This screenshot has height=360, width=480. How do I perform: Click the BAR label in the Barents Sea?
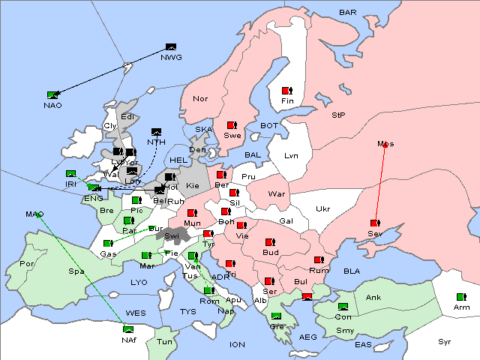click(347, 13)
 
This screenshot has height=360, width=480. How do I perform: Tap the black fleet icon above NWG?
click(170, 48)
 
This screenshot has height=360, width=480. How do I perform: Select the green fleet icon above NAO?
click(52, 94)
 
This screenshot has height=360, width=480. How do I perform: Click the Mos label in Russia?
click(385, 144)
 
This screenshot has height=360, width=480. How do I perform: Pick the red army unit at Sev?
click(374, 223)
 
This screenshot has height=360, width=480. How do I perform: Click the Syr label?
click(445, 341)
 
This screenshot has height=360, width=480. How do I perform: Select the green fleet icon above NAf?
click(128, 328)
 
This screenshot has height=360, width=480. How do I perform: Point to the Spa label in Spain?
click(76, 271)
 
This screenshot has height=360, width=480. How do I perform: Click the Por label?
click(27, 264)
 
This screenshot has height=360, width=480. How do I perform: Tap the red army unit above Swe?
click(232, 125)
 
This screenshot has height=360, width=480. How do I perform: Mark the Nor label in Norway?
click(200, 98)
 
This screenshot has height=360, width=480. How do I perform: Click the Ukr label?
click(322, 208)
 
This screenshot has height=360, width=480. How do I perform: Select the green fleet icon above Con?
click(343, 307)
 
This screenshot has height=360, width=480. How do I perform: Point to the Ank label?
click(373, 298)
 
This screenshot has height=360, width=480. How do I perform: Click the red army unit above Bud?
click(270, 242)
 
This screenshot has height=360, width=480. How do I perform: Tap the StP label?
click(338, 115)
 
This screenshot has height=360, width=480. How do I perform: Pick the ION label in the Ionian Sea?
click(237, 344)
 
